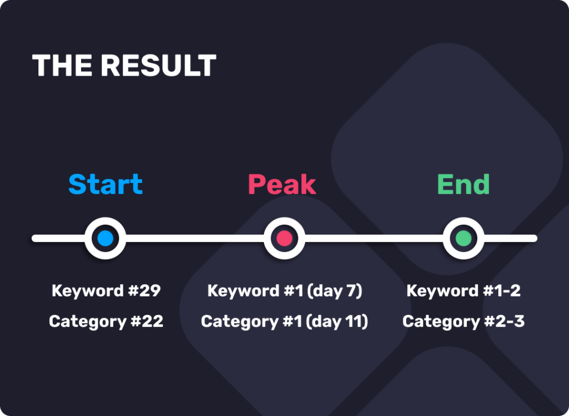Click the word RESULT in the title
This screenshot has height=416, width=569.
coord(158,66)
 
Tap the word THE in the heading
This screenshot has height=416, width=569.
coord(62,66)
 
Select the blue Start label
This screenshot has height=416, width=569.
coord(106,184)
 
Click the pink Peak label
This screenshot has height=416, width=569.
coord(282,184)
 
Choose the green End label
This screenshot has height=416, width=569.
coord(463,184)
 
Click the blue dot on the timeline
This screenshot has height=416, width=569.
coord(105,239)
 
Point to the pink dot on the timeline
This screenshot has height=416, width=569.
coord(284,239)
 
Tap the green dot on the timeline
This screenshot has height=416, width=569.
coord(463,239)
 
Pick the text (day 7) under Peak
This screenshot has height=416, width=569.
coord(334,291)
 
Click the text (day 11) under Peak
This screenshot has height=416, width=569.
coord(337,322)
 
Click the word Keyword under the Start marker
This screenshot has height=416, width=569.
coord(88,291)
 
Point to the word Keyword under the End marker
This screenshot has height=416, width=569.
coord(443,291)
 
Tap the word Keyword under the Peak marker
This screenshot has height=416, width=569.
coord(243,291)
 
